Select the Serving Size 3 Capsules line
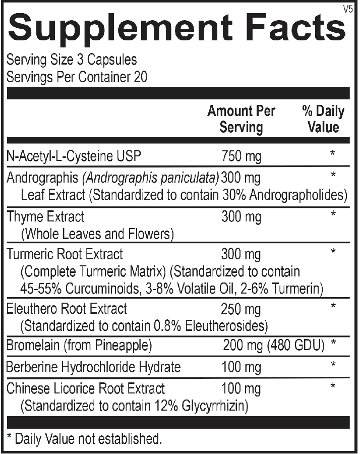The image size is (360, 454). (71, 60)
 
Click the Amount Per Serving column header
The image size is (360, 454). (241, 119)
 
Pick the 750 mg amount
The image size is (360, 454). (242, 156)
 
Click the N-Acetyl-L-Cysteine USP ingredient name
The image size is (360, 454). (74, 156)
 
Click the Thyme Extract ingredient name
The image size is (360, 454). (45, 217)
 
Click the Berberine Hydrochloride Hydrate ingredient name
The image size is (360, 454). (93, 367)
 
